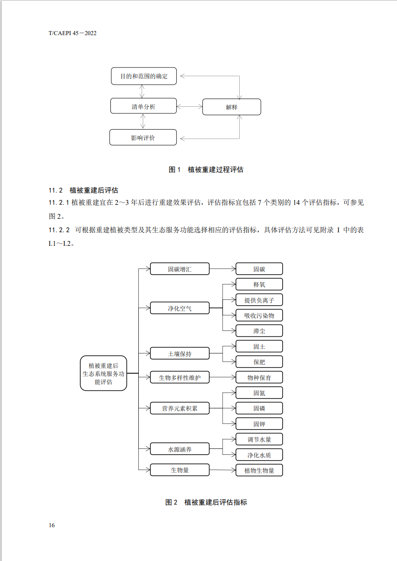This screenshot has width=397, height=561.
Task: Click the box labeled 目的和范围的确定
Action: (143, 76)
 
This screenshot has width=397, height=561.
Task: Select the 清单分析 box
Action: (143, 106)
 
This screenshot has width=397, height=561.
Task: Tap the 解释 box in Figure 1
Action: (232, 107)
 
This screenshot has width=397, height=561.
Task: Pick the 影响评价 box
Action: (143, 137)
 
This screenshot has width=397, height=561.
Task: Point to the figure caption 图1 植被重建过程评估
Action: (206, 170)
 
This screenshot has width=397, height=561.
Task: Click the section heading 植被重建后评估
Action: (94, 190)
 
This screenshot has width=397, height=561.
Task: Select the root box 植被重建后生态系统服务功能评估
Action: (104, 373)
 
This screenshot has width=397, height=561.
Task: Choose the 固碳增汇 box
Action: (180, 269)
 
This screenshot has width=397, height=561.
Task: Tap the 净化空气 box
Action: (180, 308)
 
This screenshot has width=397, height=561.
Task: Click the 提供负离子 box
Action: (259, 300)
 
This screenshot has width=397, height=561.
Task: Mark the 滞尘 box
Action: (259, 331)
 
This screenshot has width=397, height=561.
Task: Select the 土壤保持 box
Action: (180, 354)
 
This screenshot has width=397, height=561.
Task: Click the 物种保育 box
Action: (259, 377)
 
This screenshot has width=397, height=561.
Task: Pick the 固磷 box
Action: (259, 408)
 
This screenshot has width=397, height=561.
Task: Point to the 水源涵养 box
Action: (180, 449)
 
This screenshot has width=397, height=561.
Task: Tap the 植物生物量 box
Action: (259, 471)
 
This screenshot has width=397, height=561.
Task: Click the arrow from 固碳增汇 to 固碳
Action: (223, 269)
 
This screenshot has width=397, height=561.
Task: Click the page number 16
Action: (52, 525)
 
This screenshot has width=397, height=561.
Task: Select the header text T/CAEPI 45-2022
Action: (73, 33)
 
